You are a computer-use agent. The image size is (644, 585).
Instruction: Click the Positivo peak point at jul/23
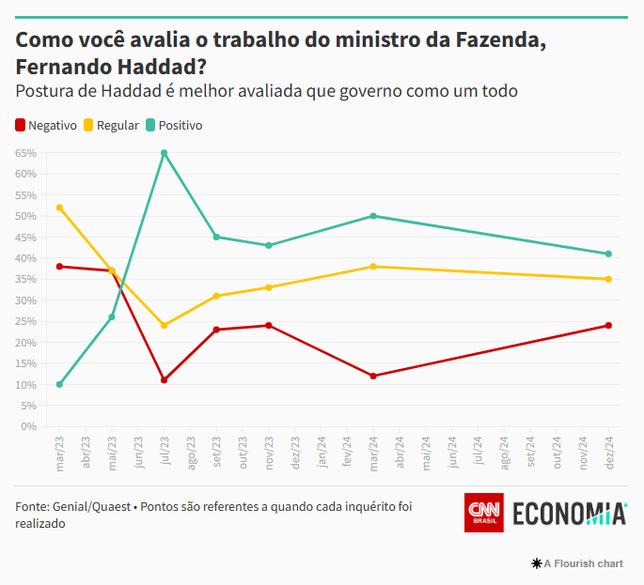[165, 153]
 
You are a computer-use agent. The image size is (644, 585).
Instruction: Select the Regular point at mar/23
[60, 208]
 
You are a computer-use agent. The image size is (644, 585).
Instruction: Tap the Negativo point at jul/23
[165, 380]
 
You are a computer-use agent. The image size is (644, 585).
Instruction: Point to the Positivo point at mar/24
[373, 216]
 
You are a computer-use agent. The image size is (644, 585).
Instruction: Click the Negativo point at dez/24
[608, 326]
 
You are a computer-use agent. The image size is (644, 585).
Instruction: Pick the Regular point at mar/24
[373, 267]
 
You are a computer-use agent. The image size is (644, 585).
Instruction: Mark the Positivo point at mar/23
[60, 384]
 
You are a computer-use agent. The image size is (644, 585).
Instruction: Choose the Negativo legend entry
[46, 125]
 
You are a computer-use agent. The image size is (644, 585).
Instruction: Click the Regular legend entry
[111, 125]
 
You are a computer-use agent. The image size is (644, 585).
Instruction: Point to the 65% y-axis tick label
[25, 153]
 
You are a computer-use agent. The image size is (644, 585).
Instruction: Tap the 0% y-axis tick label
[28, 426]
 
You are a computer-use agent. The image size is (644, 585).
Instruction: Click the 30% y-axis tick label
[25, 300]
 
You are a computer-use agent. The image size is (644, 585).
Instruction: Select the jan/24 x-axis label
[322, 451]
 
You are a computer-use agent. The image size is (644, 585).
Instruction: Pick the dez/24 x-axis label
[609, 451]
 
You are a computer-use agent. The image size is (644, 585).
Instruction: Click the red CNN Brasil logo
[484, 513]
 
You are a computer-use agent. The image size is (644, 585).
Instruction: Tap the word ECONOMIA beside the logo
[569, 514]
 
